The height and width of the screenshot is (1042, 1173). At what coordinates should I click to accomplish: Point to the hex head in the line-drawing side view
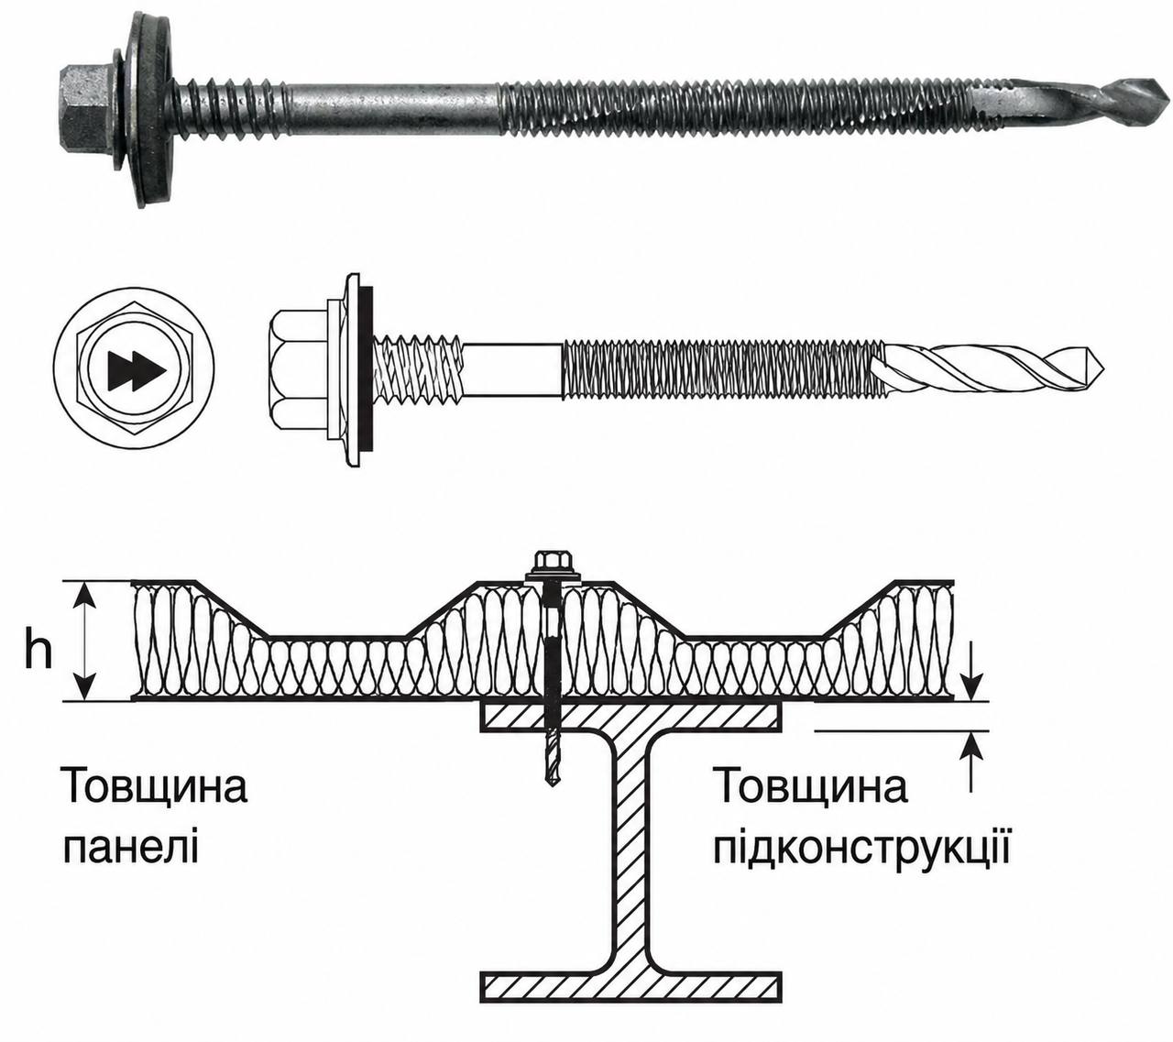point(300,369)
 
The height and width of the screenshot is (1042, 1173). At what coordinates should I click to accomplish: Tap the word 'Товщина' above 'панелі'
point(157,786)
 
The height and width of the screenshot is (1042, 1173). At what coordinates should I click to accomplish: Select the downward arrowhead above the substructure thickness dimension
point(973,687)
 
